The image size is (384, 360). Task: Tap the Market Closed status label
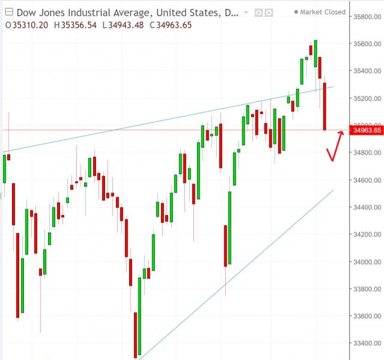323,12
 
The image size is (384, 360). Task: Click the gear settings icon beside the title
269,12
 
